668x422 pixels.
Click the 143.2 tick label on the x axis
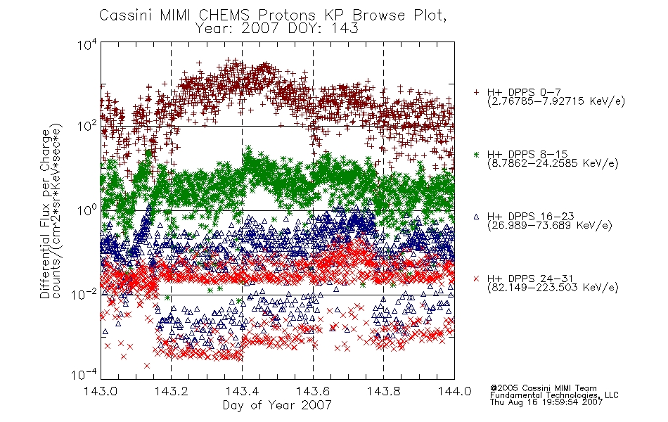coord(172,391)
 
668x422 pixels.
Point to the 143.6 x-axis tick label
coord(313,391)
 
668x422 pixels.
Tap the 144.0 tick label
coord(454,391)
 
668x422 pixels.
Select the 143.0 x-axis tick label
coord(101,391)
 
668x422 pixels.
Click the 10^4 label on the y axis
coord(87,44)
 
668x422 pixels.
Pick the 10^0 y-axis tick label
coord(87,210)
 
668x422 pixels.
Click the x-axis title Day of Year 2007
coord(277,404)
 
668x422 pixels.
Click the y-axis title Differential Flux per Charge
coord(45,214)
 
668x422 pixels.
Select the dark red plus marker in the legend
coord(476,91)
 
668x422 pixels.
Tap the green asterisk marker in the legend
coord(476,154)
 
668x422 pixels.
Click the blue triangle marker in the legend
coord(476,217)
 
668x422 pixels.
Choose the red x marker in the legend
coord(476,279)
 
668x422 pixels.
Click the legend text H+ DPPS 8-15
coord(527,154)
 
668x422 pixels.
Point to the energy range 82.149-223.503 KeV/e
coord(553,287)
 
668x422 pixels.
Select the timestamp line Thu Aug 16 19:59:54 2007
coord(546,402)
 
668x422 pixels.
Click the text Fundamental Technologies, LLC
coord(554,395)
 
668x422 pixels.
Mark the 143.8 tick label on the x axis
coord(383,391)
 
